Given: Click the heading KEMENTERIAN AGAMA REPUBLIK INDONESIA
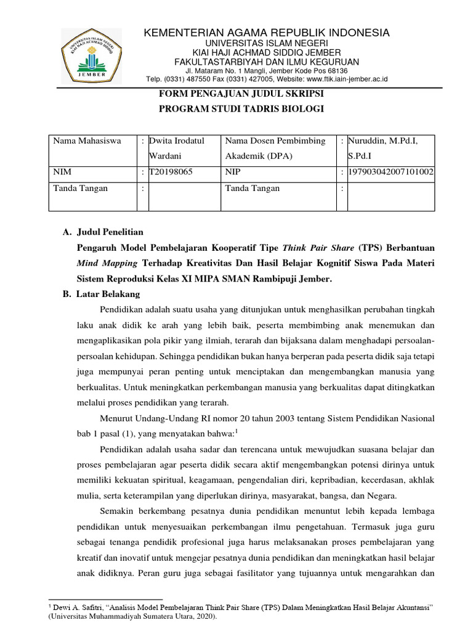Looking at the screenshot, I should [267, 33].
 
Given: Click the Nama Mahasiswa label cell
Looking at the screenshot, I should [87, 141].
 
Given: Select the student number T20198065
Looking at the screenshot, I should [170, 172].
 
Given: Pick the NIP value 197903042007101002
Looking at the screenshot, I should [390, 172].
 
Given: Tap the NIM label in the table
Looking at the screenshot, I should [63, 172].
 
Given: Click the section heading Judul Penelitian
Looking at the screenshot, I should [110, 232].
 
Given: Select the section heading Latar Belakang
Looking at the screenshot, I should [108, 294].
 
